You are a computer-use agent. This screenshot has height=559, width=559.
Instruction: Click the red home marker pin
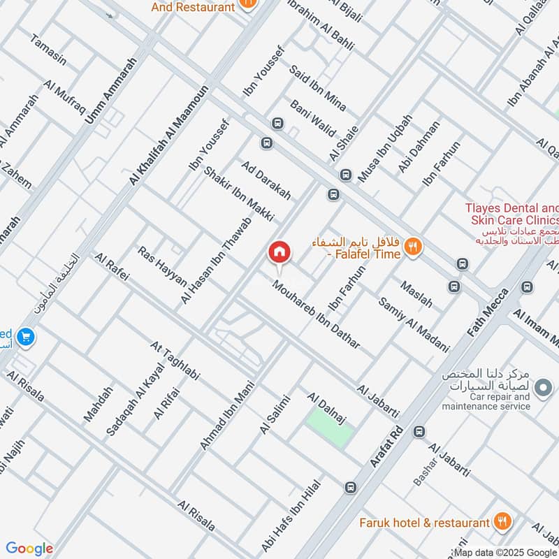point(279,252)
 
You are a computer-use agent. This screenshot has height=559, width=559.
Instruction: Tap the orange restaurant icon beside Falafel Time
point(414,247)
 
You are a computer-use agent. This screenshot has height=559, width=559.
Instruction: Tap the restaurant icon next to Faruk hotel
point(502,521)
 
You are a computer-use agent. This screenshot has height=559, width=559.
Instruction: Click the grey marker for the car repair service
point(542,386)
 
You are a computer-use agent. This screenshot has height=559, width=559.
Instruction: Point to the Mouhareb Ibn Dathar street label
point(317,315)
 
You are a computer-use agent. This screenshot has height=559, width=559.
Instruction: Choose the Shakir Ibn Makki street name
point(238,194)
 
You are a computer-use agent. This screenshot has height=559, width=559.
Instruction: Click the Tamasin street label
point(48,50)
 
